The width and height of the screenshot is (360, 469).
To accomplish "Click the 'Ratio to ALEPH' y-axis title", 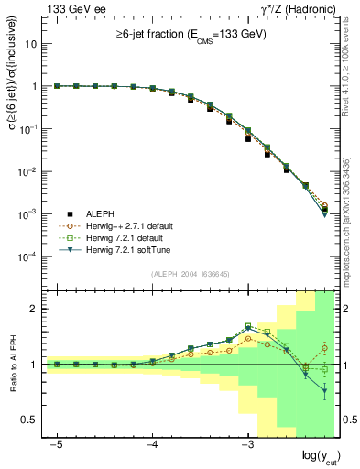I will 13,365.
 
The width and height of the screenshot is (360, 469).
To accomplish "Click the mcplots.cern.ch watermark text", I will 349,229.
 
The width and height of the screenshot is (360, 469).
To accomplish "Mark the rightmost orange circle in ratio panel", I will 324,348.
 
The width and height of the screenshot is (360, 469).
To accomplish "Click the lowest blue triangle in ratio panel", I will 324,391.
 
